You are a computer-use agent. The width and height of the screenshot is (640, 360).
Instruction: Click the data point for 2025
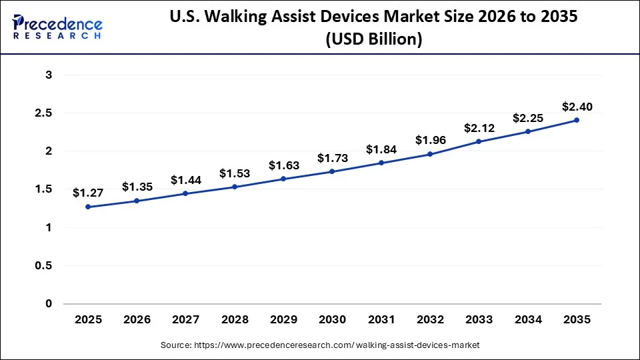coord(88,207)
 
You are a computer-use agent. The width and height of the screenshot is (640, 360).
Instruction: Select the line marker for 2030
coord(332,171)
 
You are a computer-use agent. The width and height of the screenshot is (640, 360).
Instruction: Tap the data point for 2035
coord(577,120)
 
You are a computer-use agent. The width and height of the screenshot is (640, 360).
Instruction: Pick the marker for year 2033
coord(479,141)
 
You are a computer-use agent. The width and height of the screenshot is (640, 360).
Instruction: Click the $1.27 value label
coord(88,193)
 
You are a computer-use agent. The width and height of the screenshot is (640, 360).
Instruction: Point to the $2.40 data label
coord(577,107)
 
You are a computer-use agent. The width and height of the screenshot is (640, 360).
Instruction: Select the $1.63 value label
coord(283,165)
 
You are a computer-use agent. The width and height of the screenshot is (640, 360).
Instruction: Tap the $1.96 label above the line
coord(430,141)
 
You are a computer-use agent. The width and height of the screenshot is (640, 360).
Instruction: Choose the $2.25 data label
coord(527,118)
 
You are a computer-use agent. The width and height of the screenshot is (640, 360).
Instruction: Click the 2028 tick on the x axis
coord(235,320)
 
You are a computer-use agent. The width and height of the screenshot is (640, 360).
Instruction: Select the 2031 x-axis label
coord(381,320)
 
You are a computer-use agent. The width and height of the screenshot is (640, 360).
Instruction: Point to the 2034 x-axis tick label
coord(527,320)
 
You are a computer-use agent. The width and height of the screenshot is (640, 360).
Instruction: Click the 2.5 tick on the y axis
coord(44,113)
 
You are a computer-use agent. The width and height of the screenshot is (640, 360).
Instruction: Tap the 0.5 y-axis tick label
coord(44,266)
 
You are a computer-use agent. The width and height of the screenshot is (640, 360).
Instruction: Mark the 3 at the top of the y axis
coord(49,75)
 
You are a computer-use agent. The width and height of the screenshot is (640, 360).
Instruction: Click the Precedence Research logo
coord(57,27)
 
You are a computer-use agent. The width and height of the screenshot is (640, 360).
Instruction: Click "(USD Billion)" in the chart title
coord(373,39)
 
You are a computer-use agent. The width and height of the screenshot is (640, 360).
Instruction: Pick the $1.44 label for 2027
coord(186,180)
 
